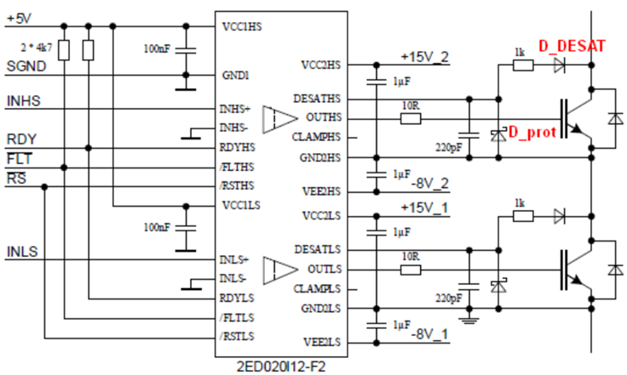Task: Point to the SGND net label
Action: click(x=23, y=65)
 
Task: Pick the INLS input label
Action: click(x=22, y=252)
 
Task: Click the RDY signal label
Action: click(x=20, y=139)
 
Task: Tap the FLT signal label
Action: click(x=19, y=159)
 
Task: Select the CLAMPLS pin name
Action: click(x=318, y=289)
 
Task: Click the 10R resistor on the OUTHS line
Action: click(x=411, y=119)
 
